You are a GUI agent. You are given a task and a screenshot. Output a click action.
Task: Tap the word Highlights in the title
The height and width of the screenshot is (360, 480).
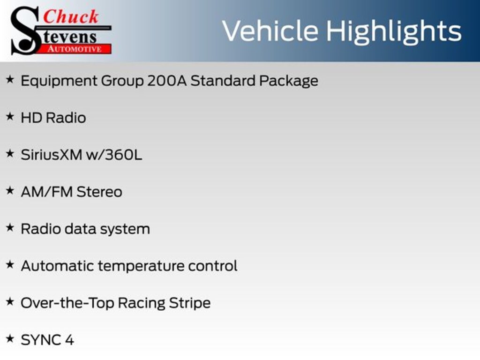pyautogui.click(x=393, y=31)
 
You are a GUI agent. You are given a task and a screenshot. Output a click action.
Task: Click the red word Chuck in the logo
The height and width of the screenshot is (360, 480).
pyautogui.click(x=71, y=17)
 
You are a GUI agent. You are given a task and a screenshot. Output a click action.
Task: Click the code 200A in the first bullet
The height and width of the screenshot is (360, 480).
pyautogui.click(x=167, y=81)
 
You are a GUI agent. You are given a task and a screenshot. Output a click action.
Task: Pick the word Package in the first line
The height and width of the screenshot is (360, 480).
pyautogui.click(x=289, y=81)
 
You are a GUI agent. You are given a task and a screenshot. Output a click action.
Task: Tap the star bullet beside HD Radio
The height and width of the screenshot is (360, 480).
pyautogui.click(x=10, y=117)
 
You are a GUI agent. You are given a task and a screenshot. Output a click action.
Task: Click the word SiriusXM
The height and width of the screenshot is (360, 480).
pyautogui.click(x=51, y=155)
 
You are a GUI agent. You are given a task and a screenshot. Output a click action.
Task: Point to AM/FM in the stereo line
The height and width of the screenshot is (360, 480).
pyautogui.click(x=46, y=192)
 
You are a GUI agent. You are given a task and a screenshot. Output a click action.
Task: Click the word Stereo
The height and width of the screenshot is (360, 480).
pyautogui.click(x=99, y=192)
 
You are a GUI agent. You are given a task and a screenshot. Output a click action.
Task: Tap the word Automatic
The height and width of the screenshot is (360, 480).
pyautogui.click(x=57, y=266)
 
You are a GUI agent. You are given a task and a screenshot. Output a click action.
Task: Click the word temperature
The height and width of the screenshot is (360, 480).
pyautogui.click(x=141, y=266)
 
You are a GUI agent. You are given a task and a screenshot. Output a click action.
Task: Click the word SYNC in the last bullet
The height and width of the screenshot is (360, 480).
pyautogui.click(x=40, y=340)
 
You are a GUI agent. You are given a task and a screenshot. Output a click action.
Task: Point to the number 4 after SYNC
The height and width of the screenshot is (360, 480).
pyautogui.click(x=69, y=340)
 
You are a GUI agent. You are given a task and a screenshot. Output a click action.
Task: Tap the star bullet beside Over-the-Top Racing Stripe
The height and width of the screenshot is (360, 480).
pyautogui.click(x=10, y=302)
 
